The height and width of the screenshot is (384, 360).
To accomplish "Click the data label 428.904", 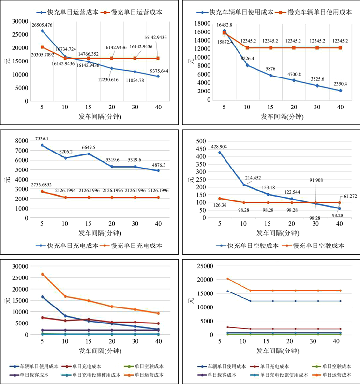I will coord(227,146).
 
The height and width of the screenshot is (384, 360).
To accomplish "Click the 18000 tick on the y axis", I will coord(203,23).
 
